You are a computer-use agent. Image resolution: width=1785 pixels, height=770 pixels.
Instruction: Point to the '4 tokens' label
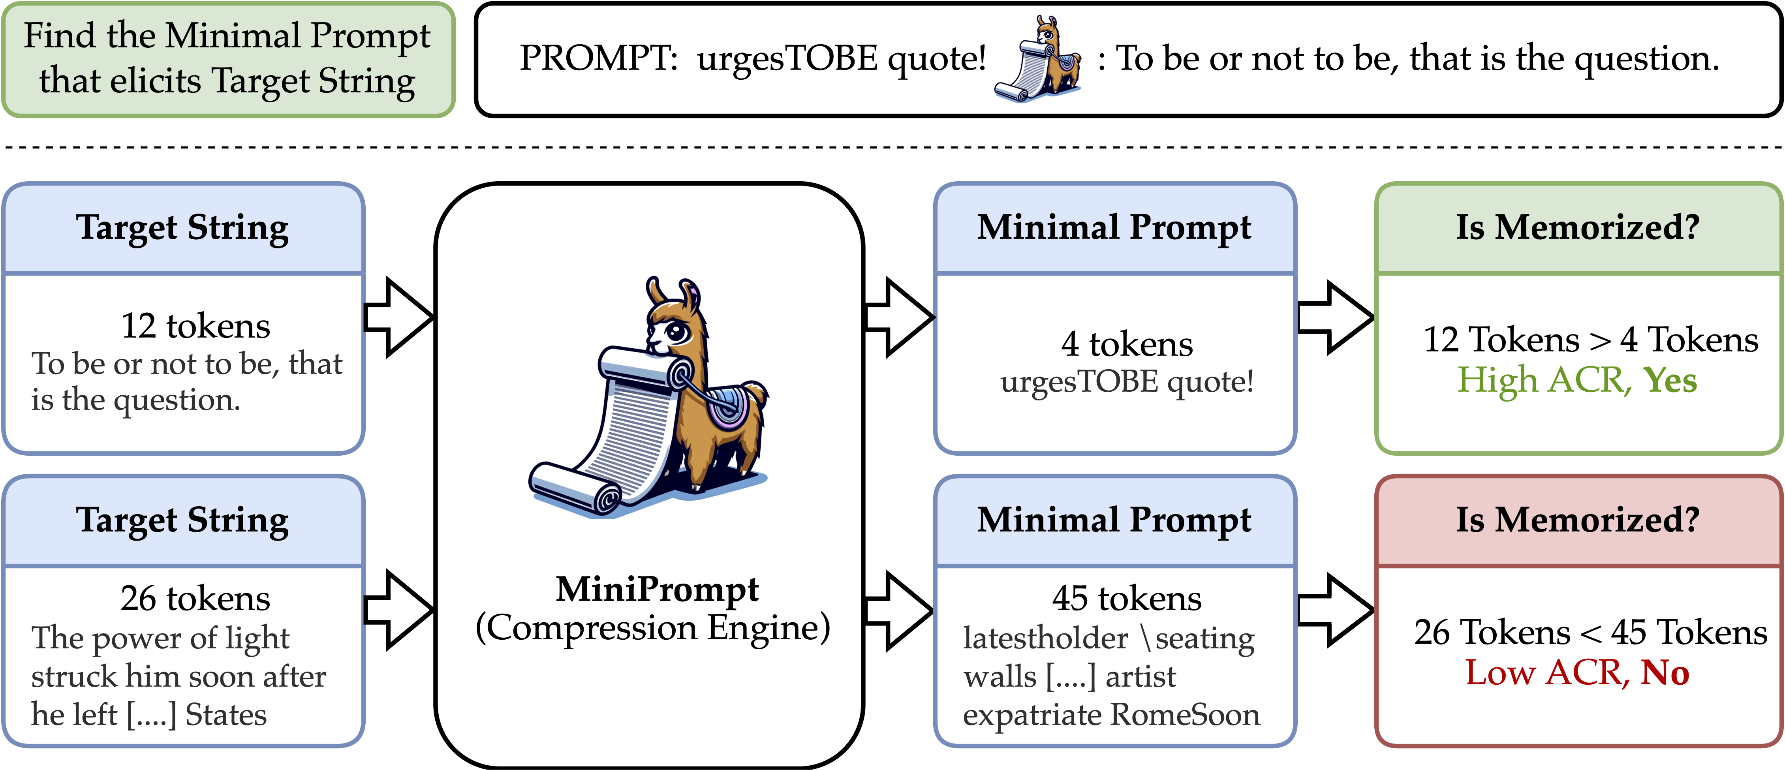pos(1127,344)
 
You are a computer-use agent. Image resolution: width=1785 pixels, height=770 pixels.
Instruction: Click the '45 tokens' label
pos(1127,598)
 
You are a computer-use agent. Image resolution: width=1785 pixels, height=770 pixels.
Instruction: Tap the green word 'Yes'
pos(1670,380)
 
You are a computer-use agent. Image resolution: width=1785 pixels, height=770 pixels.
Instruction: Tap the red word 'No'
pos(1665,672)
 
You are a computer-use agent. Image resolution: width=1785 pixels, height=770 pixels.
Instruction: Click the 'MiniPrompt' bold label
pos(657,589)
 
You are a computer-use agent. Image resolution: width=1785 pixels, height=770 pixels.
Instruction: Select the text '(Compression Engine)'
pos(653,628)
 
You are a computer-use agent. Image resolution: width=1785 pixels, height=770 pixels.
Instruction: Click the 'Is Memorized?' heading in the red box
pos(1578,520)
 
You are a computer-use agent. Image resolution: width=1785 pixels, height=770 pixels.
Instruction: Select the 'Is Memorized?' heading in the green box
pos(1578,227)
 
